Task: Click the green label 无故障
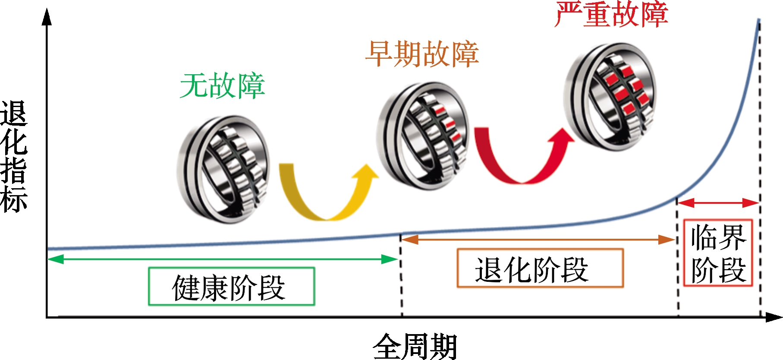coord(222,86)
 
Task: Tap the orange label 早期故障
coord(422,54)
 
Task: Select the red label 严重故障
coord(611,14)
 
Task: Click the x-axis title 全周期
coord(415,346)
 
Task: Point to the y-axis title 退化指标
coord(14,157)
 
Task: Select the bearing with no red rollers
coord(223,169)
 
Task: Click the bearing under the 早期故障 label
coord(423,136)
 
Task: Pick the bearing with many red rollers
coord(610,97)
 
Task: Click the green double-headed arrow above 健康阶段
coord(223,259)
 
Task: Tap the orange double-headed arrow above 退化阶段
coord(538,239)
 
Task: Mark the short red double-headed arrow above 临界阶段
coord(718,202)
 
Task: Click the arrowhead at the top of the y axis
coord(47,16)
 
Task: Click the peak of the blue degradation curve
coord(759,20)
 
